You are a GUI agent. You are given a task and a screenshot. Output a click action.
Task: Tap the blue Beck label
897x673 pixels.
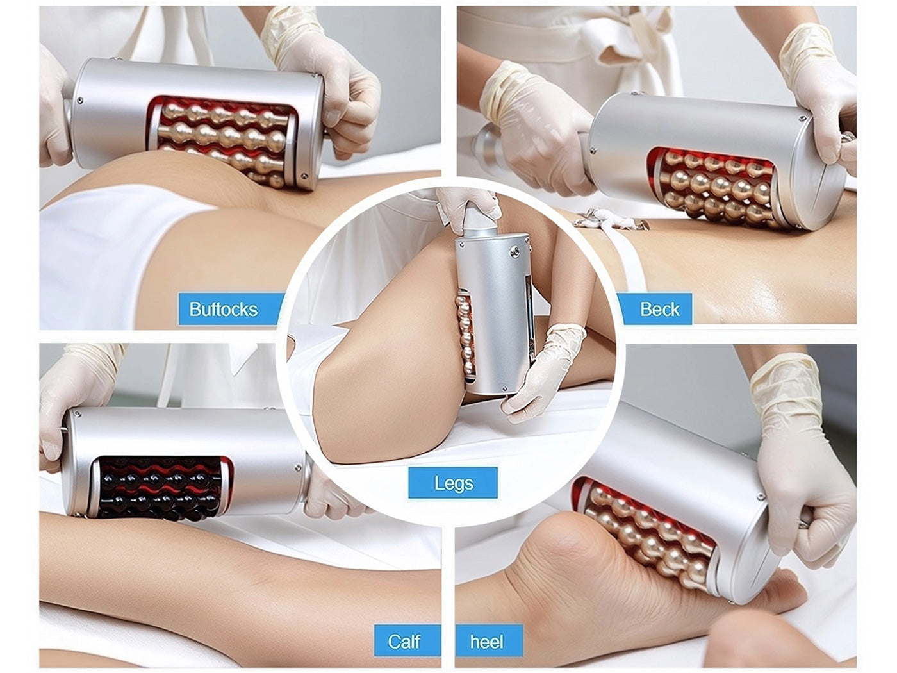tap(655, 308)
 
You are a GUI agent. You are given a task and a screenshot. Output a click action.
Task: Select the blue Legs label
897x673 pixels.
tap(453, 483)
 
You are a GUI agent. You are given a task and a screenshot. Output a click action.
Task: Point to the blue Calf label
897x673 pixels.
tap(407, 641)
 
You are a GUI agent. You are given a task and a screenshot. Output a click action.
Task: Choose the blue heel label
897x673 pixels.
tap(489, 641)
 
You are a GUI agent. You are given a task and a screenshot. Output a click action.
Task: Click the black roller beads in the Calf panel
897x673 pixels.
tap(160, 490)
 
